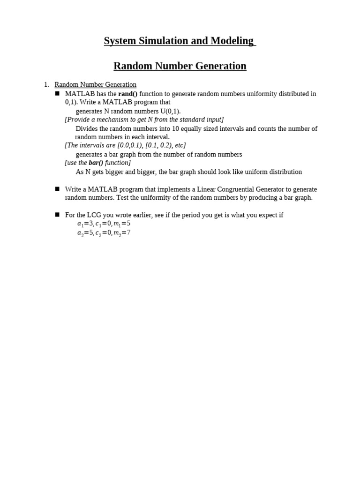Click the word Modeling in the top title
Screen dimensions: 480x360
click(x=232, y=41)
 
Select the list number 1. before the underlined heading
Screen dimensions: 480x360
click(x=46, y=84)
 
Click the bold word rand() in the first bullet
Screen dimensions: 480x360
click(x=128, y=94)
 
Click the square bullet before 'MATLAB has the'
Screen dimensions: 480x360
click(x=57, y=93)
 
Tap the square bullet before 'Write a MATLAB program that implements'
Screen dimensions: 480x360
click(x=57, y=189)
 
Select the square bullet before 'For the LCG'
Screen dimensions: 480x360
click(x=57, y=215)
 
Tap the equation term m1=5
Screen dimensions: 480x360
click(x=122, y=224)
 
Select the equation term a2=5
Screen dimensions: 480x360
click(x=85, y=232)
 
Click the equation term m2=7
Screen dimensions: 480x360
click(x=122, y=232)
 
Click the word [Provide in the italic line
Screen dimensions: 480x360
click(x=77, y=120)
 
